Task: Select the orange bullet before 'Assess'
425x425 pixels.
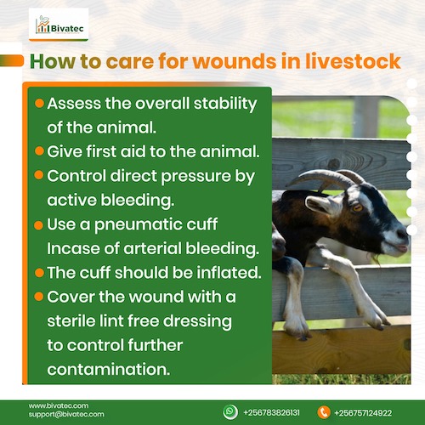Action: [39, 103]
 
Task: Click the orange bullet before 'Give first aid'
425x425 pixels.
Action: [39, 151]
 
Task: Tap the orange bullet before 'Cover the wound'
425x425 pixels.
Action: [39, 299]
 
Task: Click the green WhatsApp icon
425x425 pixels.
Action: [230, 411]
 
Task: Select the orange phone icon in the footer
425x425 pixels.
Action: [323, 411]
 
